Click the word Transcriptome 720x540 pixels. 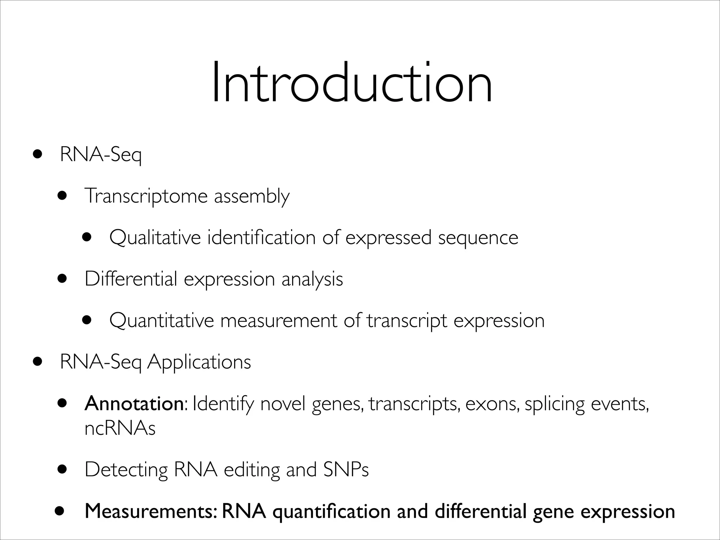pos(146,196)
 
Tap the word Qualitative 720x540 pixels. pos(155,238)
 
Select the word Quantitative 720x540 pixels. pos(161,321)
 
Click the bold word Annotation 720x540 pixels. pos(134,404)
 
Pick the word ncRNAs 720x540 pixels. pos(120,428)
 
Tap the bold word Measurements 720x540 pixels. pos(149,512)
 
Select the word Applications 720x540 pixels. pos(199,362)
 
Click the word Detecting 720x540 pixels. pos(126,470)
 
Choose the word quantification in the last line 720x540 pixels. pos(332,512)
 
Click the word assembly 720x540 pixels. pos(252,196)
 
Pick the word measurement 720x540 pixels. pos(278,321)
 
